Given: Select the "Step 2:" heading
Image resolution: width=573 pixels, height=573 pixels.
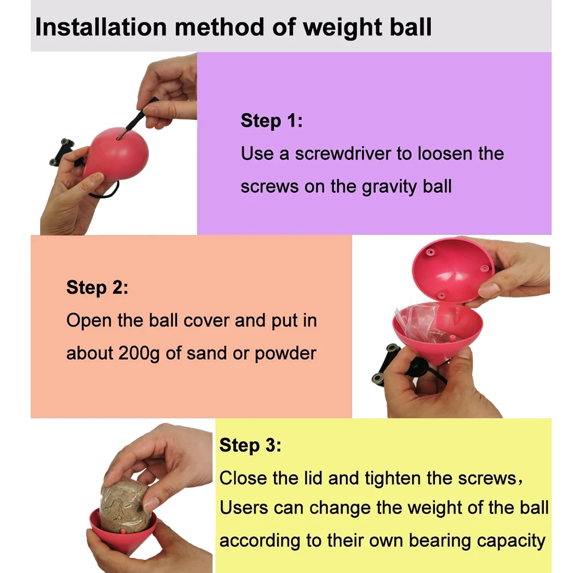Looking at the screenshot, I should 97,288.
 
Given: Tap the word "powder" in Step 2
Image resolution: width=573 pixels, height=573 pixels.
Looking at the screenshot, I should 285,354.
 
